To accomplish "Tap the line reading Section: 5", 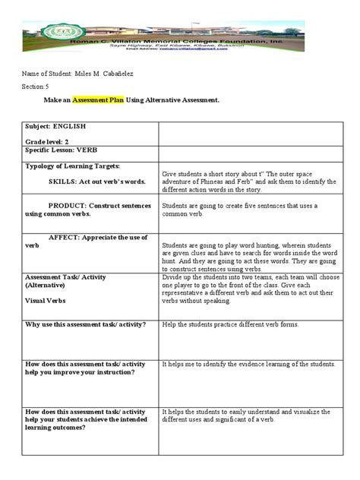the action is (x=36, y=85).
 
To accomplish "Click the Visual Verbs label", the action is (x=46, y=301).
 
